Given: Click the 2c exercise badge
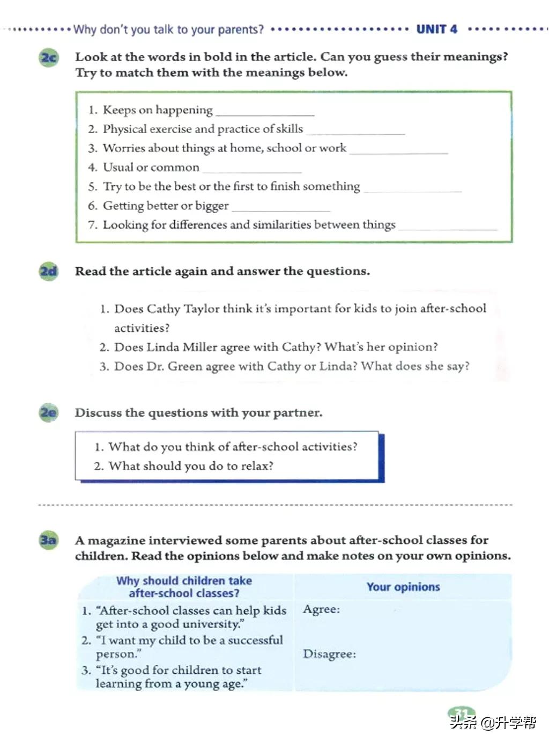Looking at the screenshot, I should click(48, 57).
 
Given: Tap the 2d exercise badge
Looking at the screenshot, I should click(48, 271).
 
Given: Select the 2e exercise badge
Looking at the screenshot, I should click(48, 412).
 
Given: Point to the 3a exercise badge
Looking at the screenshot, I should click(48, 540).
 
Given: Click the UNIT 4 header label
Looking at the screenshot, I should click(437, 29).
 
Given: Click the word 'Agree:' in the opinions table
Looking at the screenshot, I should click(321, 609).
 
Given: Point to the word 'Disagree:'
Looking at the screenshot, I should click(329, 654).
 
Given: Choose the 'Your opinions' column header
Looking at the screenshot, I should click(403, 587).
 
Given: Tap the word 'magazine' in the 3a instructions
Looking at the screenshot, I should click(117, 540).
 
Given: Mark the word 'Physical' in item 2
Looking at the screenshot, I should click(124, 129).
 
